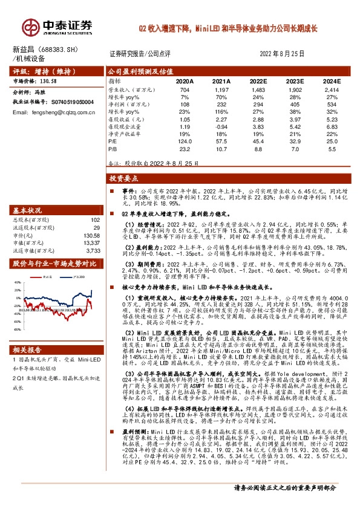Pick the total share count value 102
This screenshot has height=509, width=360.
(x=94, y=220)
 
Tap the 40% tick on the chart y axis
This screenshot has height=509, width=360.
(x=17, y=282)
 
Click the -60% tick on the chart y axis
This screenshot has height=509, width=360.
(x=16, y=330)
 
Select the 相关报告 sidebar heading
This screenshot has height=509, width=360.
(x=27, y=350)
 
